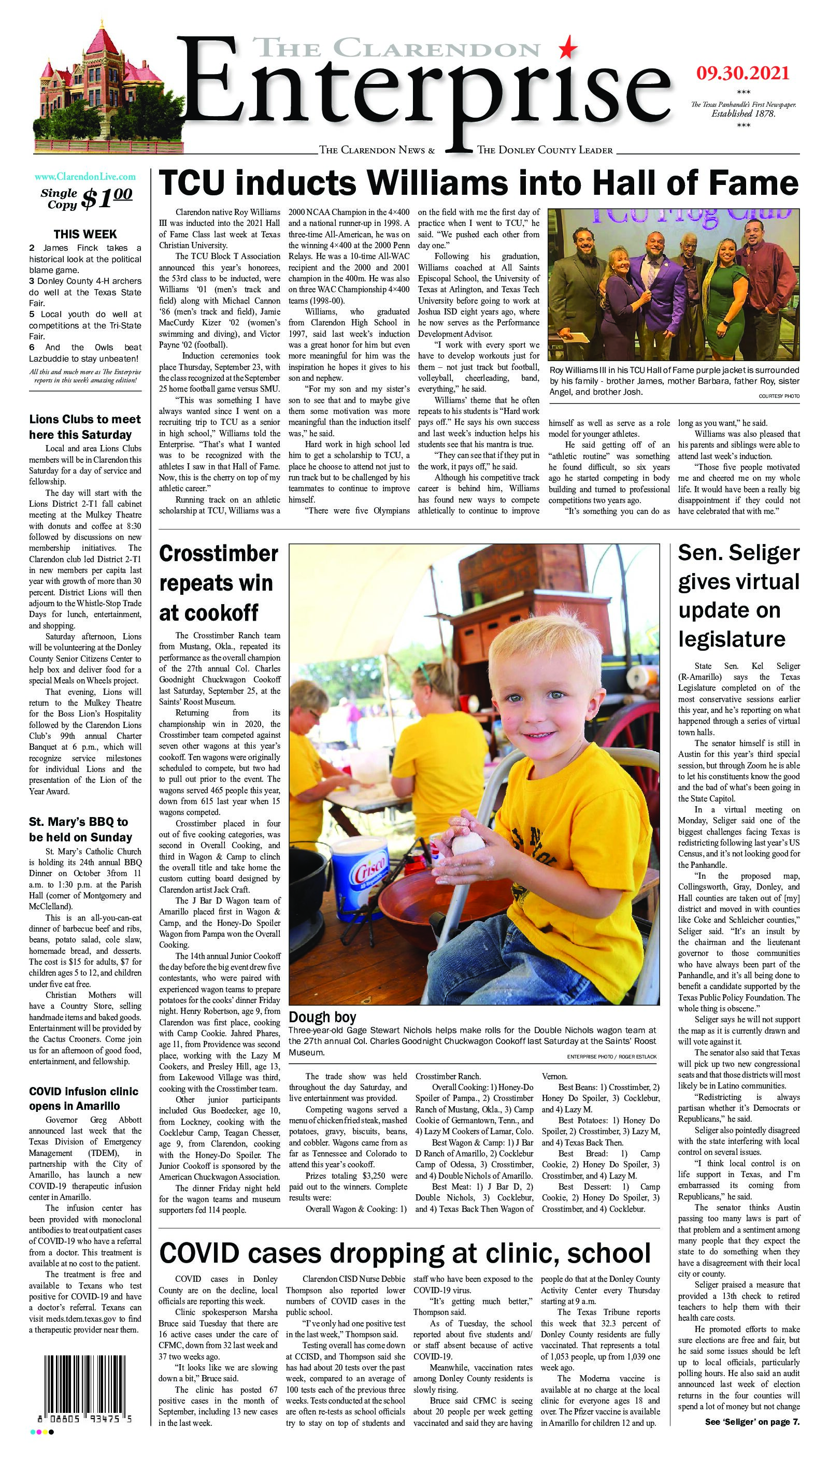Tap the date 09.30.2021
(x=742, y=74)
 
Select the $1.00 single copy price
(x=107, y=197)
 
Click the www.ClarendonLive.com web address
(x=85, y=177)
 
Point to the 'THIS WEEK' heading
(x=85, y=234)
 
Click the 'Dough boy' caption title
(x=322, y=1017)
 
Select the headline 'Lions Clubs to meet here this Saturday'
(x=85, y=427)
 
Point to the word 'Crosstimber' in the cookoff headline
(x=219, y=554)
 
